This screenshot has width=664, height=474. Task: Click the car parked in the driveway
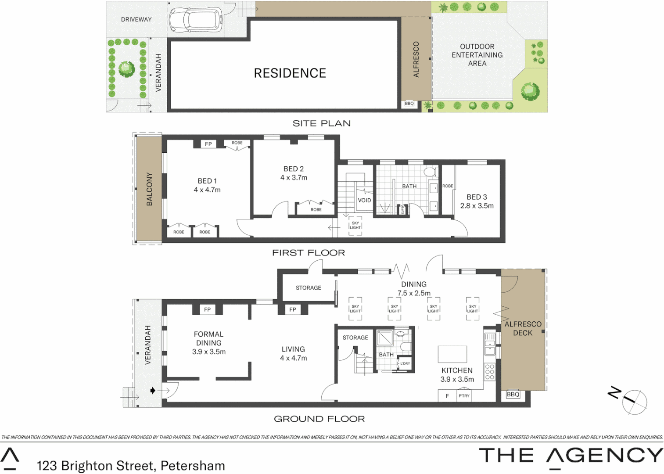click(195, 20)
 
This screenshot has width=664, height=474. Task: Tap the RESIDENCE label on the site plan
click(290, 73)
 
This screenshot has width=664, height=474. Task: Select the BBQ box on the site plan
click(409, 104)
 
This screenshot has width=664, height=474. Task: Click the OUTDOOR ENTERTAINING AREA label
click(477, 55)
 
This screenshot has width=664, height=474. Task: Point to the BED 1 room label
click(207, 181)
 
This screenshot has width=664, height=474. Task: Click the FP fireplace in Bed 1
click(208, 144)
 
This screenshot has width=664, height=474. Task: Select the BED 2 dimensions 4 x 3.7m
click(294, 178)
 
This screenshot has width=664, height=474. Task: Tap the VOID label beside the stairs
click(364, 200)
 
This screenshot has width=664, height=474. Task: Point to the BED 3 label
click(477, 197)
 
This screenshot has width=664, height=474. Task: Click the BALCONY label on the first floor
click(149, 189)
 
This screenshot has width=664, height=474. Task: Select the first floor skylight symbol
click(355, 226)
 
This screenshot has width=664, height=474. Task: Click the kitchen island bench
click(452, 354)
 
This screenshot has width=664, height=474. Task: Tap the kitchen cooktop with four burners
click(489, 372)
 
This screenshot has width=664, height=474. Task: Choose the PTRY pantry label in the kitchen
click(464, 396)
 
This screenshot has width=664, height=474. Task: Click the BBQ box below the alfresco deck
click(513, 395)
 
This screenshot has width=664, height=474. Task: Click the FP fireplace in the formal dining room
click(207, 310)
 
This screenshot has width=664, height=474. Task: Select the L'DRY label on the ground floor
click(405, 363)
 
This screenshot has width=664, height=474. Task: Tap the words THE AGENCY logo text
click(571, 456)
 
